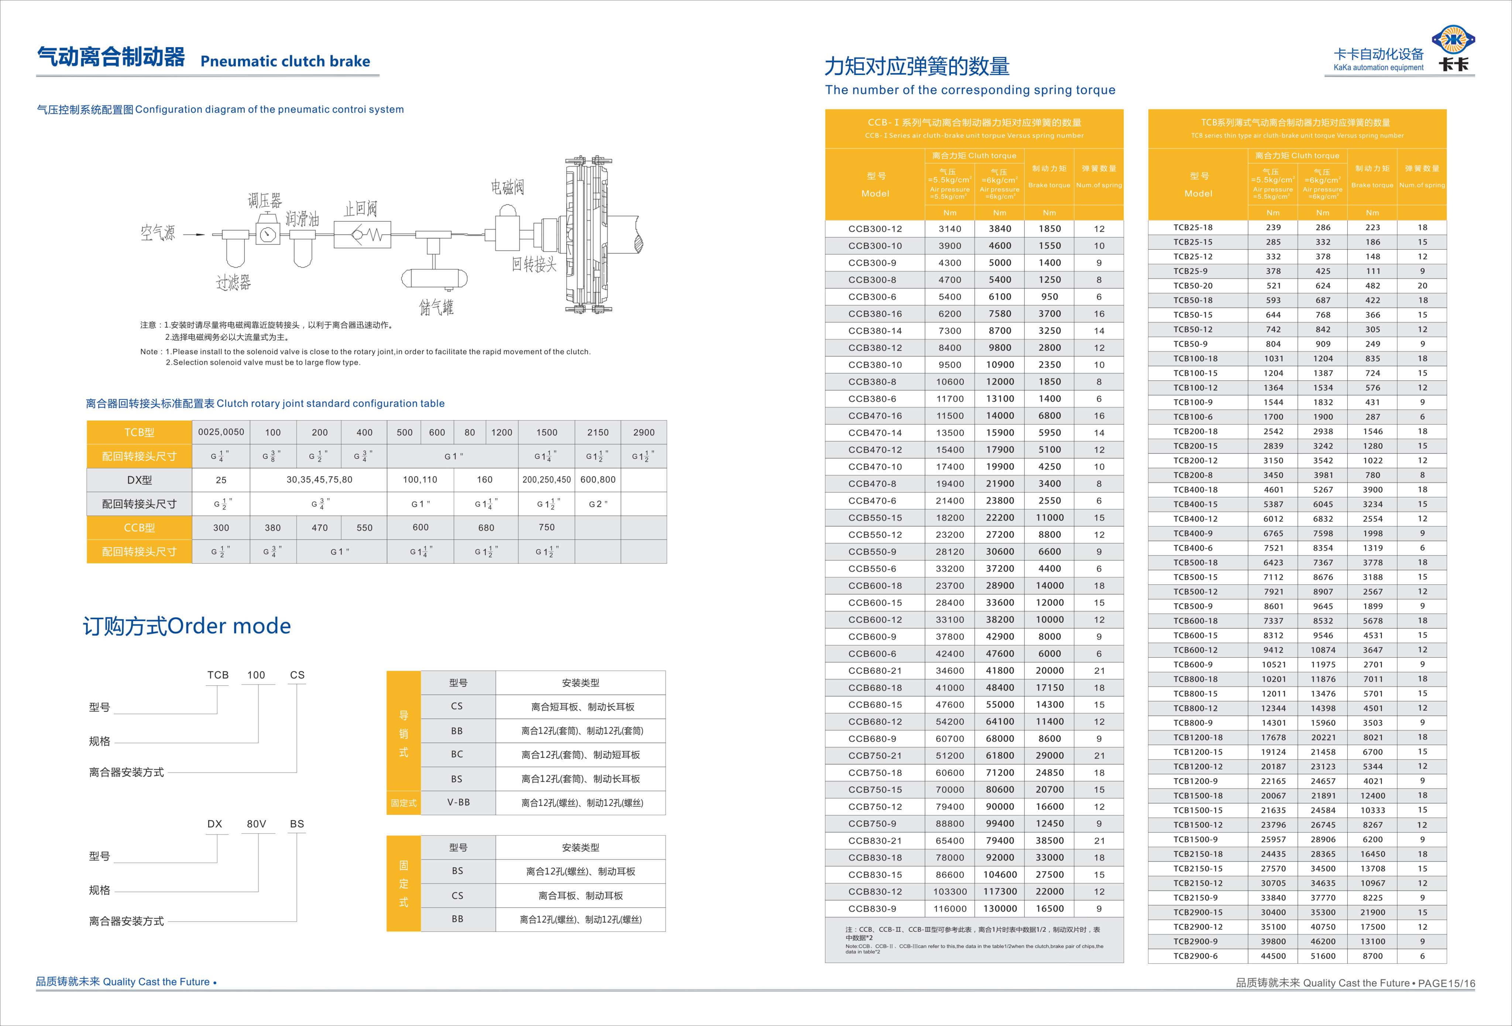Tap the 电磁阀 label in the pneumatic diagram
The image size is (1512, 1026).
click(x=508, y=188)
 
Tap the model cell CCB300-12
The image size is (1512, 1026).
click(x=875, y=229)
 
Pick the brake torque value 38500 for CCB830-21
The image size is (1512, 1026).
click(x=1049, y=841)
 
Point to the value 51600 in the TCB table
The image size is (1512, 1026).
click(x=1323, y=956)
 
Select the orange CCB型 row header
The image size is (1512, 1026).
click(x=139, y=528)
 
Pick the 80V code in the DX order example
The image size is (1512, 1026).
click(x=256, y=824)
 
